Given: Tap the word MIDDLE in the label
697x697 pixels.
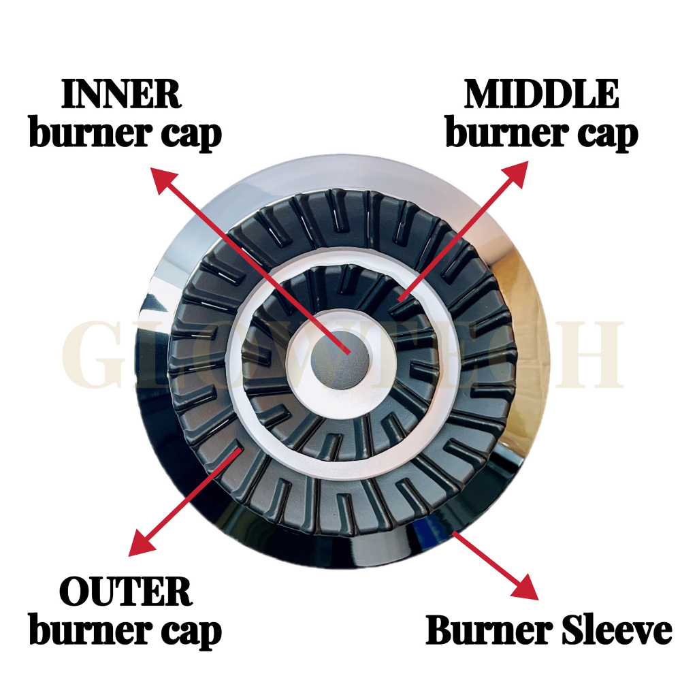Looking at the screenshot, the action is click(542, 95).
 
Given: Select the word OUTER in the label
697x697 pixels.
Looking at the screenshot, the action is click(126, 593).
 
